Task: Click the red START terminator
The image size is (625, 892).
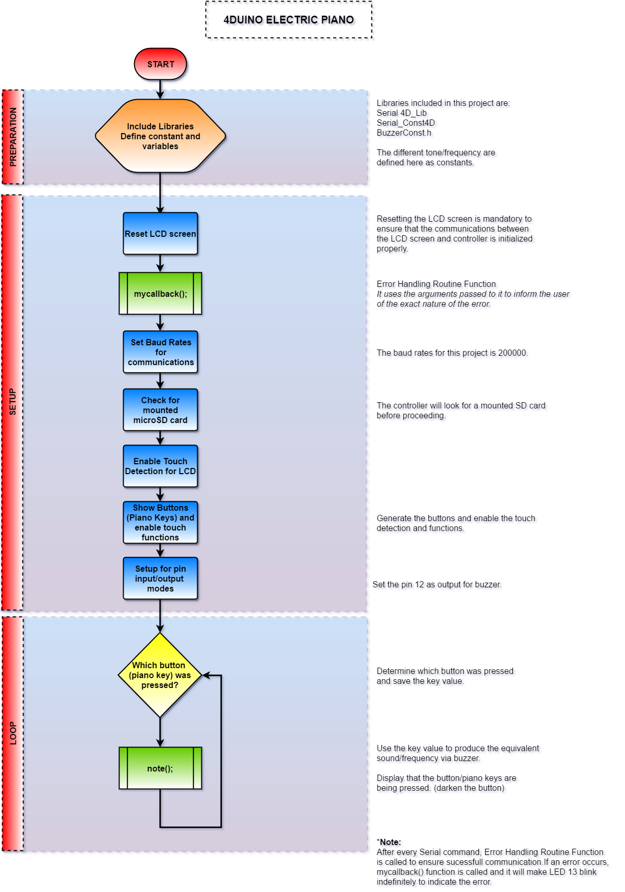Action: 160,64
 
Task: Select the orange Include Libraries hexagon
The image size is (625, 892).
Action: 160,136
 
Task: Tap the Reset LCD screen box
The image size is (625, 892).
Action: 160,234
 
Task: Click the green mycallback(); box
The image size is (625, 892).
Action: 160,294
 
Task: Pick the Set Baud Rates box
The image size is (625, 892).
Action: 160,352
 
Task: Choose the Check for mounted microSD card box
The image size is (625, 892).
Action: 160,410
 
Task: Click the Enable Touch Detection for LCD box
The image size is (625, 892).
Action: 160,466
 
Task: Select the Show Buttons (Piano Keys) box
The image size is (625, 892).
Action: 160,522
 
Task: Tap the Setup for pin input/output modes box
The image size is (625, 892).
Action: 160,578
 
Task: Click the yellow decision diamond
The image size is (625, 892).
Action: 160,675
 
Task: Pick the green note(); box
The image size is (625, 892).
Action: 160,768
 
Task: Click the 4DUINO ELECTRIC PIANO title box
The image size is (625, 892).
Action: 289,20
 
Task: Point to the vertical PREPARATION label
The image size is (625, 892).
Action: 13,137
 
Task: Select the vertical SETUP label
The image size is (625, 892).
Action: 13,402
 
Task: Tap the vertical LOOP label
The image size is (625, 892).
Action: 13,733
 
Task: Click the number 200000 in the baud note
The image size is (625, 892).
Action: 512,353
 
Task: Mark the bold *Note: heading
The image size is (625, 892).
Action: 389,842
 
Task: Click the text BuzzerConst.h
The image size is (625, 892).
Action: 404,133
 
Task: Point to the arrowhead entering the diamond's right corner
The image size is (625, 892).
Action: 206,675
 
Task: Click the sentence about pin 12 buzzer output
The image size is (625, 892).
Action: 437,585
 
